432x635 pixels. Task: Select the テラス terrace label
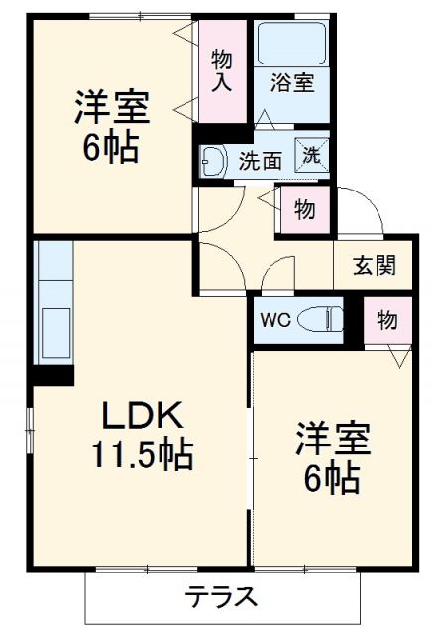[222, 598]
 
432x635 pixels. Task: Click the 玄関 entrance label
[376, 265]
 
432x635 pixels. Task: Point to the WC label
[274, 319]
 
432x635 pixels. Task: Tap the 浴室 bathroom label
[293, 82]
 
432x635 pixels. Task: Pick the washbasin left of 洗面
[212, 158]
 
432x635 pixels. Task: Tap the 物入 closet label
[222, 70]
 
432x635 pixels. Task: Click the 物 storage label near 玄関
[386, 321]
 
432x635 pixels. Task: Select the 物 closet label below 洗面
[305, 210]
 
